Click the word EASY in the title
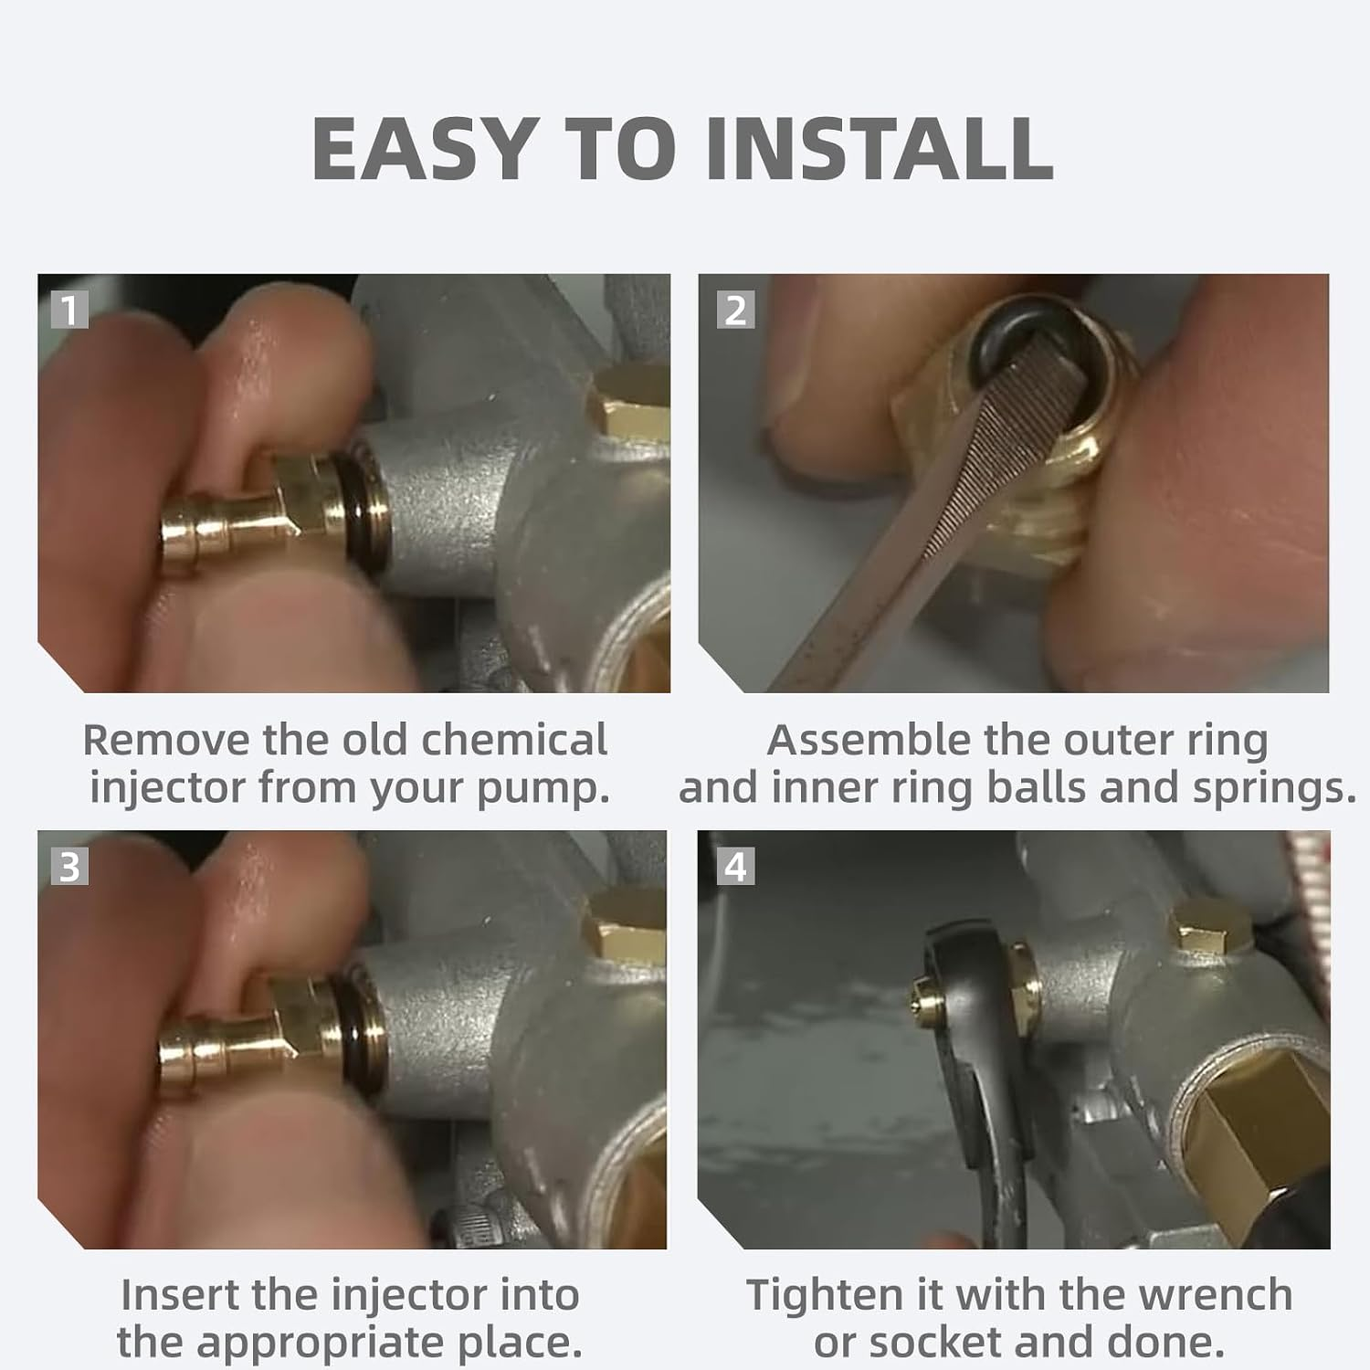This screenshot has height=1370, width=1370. [x=423, y=149]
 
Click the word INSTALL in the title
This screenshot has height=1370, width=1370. [x=879, y=149]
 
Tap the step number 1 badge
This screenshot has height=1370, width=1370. [x=69, y=310]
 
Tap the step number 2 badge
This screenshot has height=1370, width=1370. [x=736, y=310]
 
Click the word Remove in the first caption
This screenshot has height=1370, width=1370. [x=166, y=740]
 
